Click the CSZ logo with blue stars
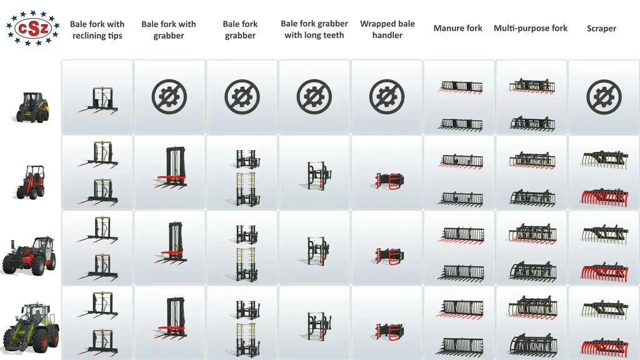pos(33,28)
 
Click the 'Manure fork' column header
pos(457,28)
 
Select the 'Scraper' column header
pos(601,29)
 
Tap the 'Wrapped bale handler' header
pos(387,29)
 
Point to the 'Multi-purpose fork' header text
pos(530,28)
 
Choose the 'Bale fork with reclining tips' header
pos(97,30)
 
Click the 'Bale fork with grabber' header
pos(169,30)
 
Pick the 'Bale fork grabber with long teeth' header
pos(314,29)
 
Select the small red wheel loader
pos(31,182)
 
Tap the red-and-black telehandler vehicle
pos(29,255)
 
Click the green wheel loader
pos(31,327)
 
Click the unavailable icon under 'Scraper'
pos(604,97)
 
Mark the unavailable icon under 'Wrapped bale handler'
pos(386,97)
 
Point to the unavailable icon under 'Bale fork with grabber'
pos(169,97)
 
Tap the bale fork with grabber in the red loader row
pos(171,167)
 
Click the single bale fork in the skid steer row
pos(98,100)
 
